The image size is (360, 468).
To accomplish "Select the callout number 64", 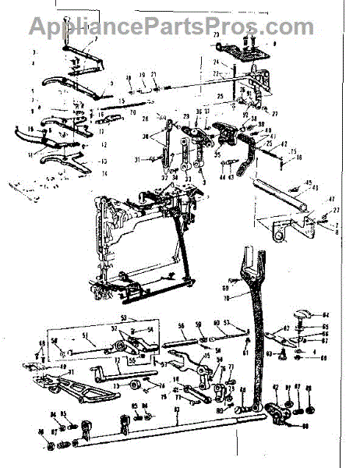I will click(326, 314).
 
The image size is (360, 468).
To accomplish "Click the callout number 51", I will click(86, 337).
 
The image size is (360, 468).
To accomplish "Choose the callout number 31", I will click(136, 159).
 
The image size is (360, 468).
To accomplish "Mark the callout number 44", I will click(222, 177).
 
